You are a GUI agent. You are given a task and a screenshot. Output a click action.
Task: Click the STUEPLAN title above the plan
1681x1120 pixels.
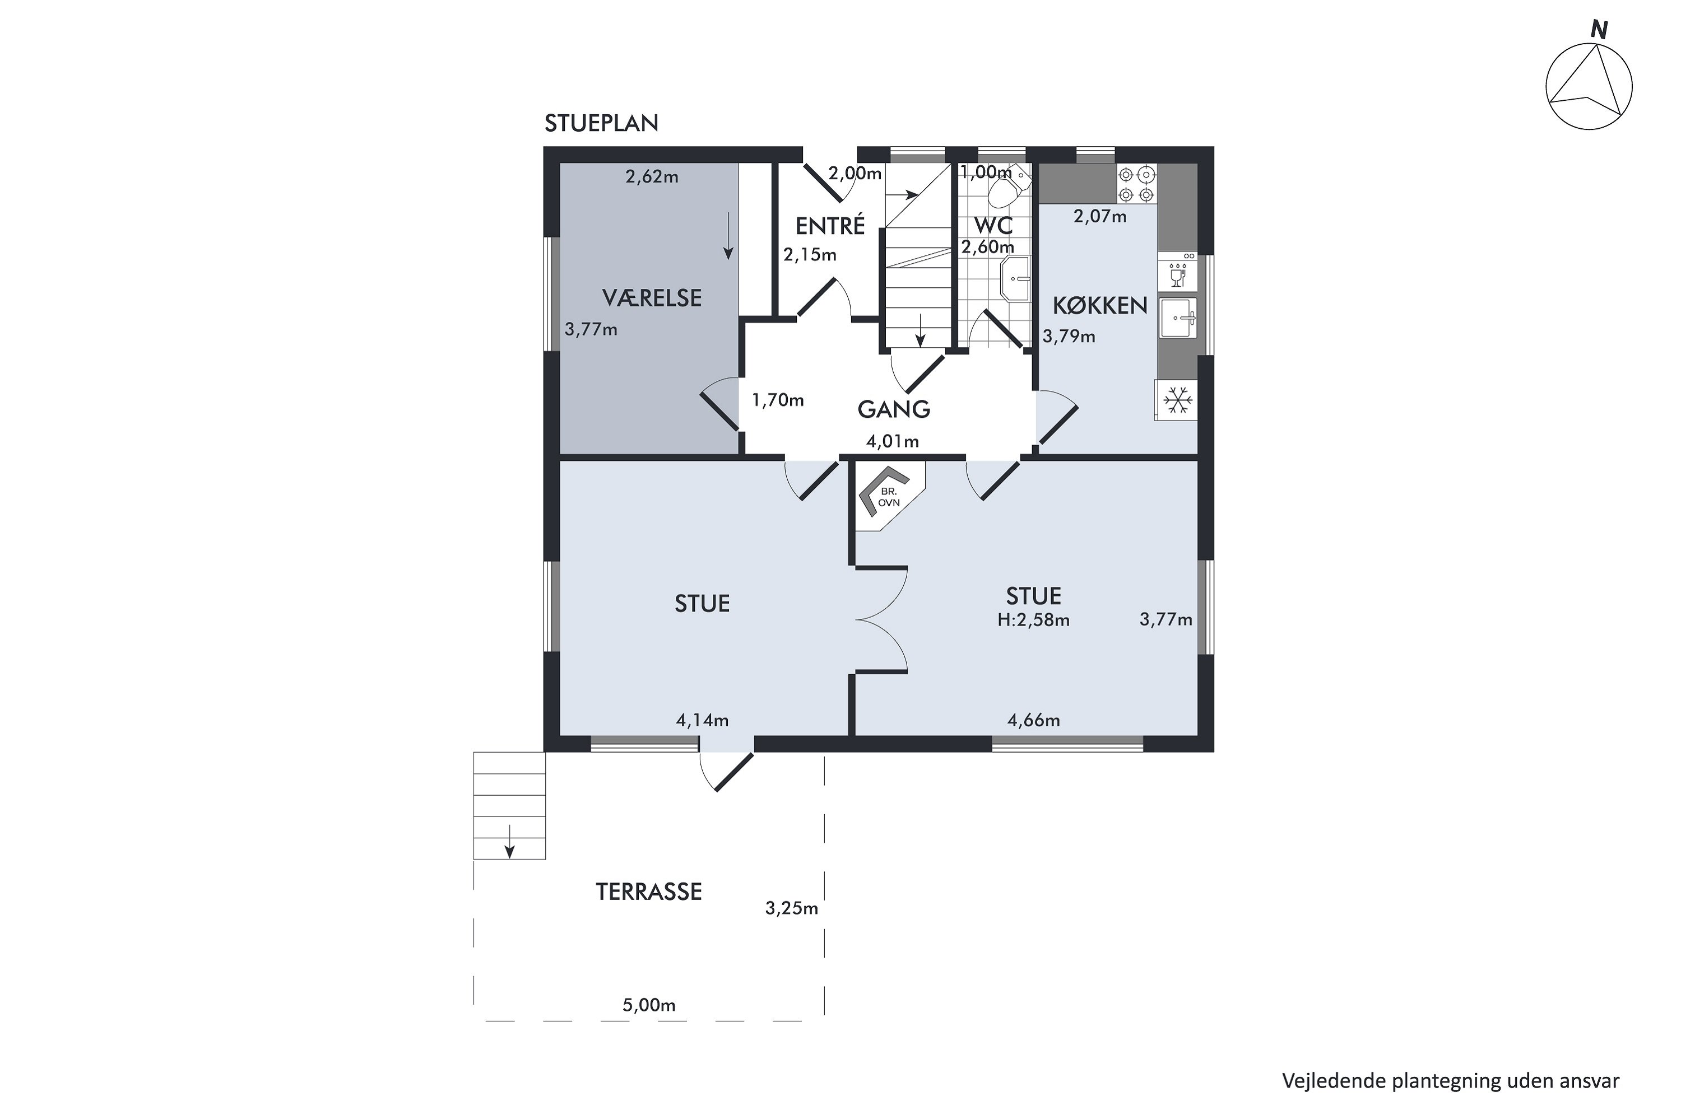pos(601,124)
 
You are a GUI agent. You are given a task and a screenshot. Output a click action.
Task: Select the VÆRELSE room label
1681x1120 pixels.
pos(652,298)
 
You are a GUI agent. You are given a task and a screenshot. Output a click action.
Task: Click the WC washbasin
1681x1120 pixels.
pos(1015,278)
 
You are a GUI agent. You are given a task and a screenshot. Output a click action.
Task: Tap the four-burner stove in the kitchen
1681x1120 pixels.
pos(1136,184)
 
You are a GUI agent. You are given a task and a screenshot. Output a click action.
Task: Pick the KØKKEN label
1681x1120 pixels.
pos(1099,306)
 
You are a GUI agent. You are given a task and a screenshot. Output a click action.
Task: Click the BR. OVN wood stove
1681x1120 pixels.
pos(887,494)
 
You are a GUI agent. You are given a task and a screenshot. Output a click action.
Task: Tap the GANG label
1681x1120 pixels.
pos(893,409)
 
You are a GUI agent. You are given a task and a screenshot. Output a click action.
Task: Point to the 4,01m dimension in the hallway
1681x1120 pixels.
pos(892,441)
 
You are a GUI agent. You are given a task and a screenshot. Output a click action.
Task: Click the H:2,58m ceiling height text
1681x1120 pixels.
pos(1033,620)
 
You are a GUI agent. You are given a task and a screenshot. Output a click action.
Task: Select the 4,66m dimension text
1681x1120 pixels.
pos(1033,720)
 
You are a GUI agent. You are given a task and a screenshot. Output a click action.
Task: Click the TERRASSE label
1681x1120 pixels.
pos(649,892)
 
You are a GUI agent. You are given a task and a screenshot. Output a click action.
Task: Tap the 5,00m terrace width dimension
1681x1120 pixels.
pos(649,1005)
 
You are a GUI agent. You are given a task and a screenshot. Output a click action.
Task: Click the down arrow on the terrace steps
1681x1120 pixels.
pos(509,841)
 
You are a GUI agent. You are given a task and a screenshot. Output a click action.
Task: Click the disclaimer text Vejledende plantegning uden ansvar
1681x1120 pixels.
pos(1450,1081)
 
